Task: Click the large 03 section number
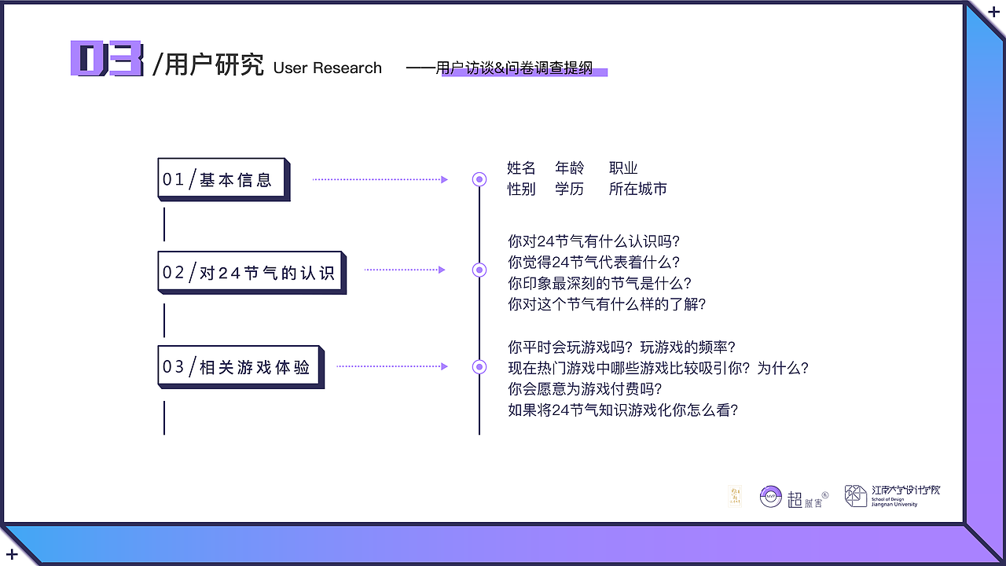107,59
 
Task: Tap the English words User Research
328,68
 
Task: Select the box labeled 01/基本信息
223,179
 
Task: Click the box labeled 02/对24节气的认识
251,272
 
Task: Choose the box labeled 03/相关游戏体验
240,366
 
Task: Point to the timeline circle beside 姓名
479,179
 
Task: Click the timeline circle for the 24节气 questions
479,270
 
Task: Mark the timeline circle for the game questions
479,366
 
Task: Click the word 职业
623,168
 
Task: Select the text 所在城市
637,189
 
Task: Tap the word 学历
569,189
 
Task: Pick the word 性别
521,189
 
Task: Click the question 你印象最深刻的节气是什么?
600,283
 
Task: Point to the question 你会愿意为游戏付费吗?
585,388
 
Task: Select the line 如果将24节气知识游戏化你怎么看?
623,410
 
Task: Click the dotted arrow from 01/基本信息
380,179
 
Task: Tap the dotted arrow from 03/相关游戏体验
391,366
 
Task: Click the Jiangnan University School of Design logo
892,495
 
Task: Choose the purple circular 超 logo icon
770,496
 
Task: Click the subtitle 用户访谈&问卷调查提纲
514,68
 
